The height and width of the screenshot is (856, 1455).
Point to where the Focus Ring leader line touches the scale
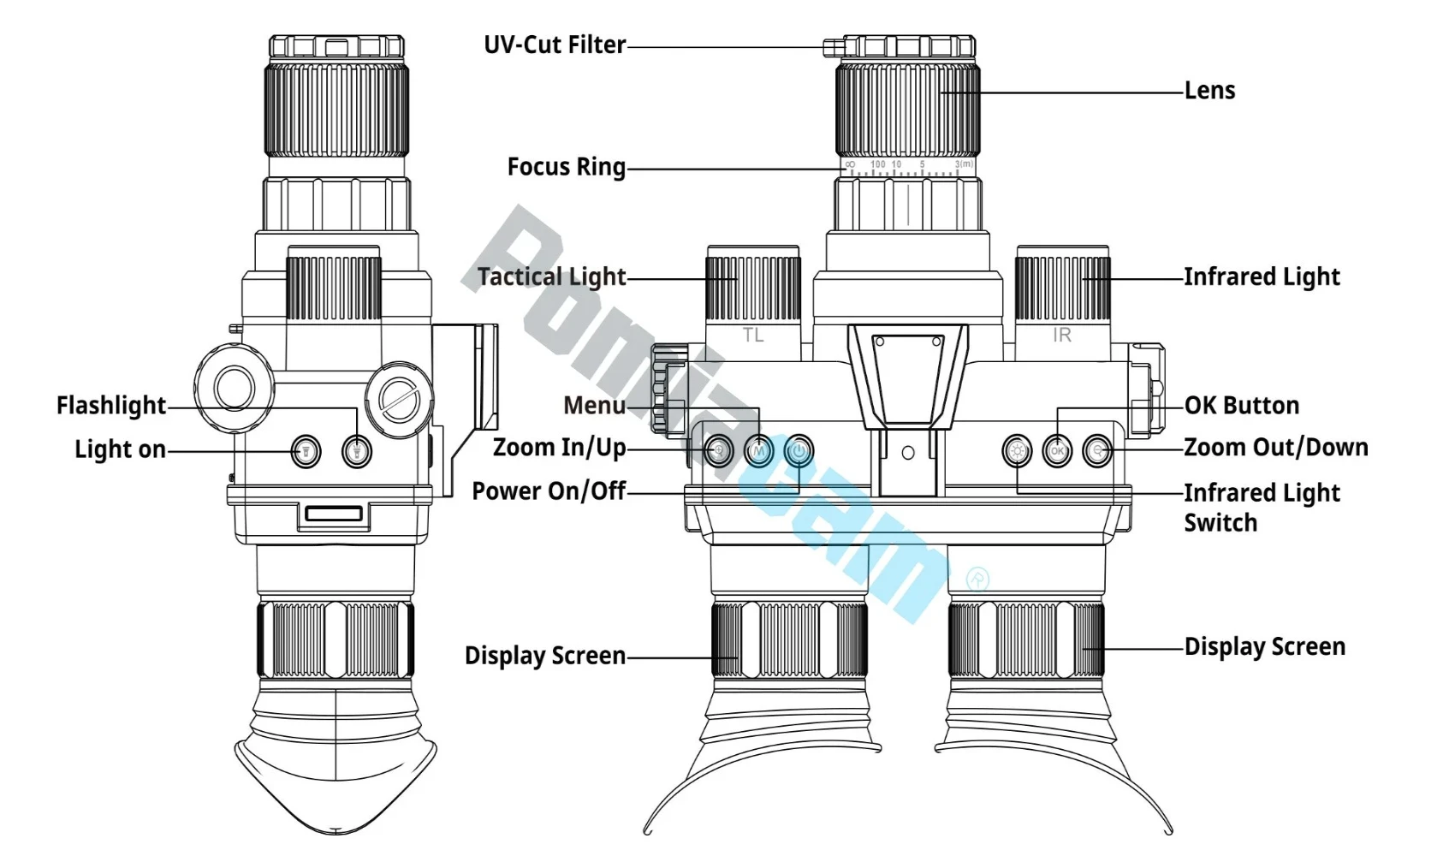[845, 169]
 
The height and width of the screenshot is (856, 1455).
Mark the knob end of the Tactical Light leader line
[738, 279]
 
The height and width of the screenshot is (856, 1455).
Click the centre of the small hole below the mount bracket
[908, 453]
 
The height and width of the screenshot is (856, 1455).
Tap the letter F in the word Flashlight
[62, 405]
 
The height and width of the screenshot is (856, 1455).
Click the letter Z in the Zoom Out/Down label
[1191, 448]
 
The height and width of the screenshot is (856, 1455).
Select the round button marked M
[758, 451]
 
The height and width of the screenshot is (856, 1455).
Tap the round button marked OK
[1058, 451]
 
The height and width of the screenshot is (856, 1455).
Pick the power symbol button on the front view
[799, 451]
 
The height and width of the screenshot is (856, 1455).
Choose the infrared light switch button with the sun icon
[1017, 451]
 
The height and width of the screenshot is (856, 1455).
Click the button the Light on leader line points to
[306, 451]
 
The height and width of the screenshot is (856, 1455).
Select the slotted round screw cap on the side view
[400, 400]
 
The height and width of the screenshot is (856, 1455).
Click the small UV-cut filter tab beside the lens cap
[833, 47]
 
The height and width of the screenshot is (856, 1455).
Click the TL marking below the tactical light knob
[753, 336]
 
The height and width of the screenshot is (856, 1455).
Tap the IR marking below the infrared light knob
[1062, 336]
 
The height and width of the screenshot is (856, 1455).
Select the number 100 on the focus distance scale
[877, 164]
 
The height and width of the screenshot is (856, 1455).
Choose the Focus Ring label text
[567, 167]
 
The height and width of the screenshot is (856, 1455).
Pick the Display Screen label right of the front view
[1265, 647]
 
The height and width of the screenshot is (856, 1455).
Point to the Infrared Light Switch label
[1262, 508]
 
